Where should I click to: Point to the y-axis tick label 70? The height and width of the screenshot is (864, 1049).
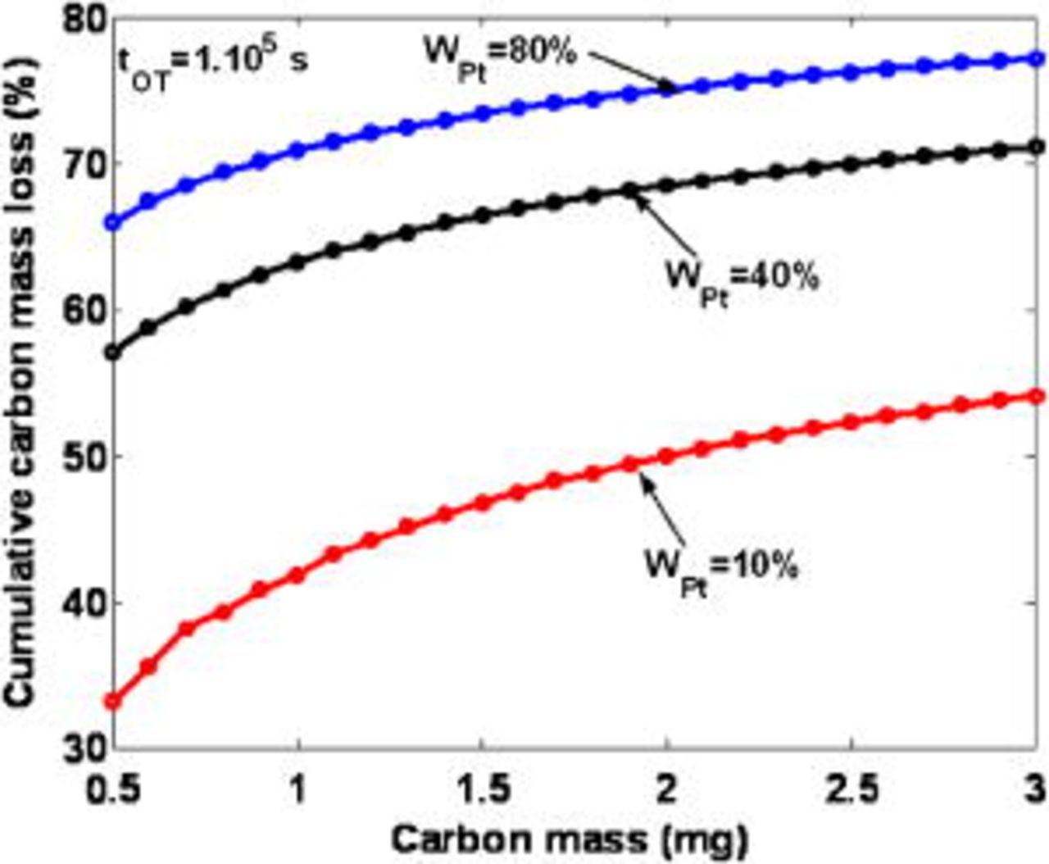coord(84,164)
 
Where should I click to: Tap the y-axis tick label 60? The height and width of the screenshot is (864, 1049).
coord(84,311)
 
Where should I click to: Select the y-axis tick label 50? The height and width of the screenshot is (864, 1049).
coord(84,457)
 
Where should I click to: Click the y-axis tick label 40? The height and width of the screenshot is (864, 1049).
coord(84,603)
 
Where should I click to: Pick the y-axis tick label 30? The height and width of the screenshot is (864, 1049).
coord(84,748)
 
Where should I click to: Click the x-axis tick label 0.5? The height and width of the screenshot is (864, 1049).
coord(113,790)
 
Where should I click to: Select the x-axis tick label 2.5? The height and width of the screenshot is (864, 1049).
coord(851,790)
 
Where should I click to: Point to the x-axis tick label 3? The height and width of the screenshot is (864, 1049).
coord(1035,790)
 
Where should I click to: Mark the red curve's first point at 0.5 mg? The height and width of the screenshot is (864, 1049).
coord(113,702)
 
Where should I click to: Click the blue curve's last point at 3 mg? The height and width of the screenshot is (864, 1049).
coord(1037,58)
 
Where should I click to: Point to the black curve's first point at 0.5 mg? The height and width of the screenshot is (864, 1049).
coord(113,353)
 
